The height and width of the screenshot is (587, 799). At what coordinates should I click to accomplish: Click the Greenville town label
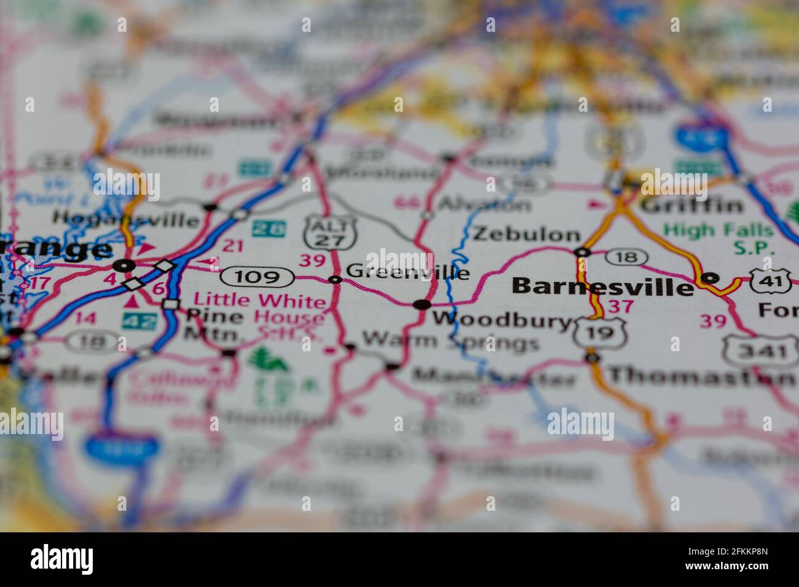[x=407, y=272]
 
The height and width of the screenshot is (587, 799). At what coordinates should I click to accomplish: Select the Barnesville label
[x=602, y=287]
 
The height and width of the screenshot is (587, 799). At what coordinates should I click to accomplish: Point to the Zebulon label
[x=526, y=234]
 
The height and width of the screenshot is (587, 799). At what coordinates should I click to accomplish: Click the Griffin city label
[x=691, y=204]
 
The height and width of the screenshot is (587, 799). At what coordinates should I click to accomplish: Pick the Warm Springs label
[x=450, y=341]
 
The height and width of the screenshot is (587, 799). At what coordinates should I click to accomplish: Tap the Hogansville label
[x=125, y=219]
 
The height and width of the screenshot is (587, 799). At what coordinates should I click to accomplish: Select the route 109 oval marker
[x=258, y=277]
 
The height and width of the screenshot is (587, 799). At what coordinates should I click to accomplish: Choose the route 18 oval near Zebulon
[x=626, y=257]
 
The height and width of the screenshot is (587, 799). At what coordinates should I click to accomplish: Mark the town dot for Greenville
[x=335, y=280]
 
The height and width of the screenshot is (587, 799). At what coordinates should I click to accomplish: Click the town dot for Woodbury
[x=422, y=304]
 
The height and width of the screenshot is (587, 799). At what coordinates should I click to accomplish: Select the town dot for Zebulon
[x=581, y=252]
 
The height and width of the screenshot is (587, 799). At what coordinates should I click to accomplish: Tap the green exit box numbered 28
[x=269, y=229]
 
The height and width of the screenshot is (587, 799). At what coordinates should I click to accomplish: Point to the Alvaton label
[x=483, y=204]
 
